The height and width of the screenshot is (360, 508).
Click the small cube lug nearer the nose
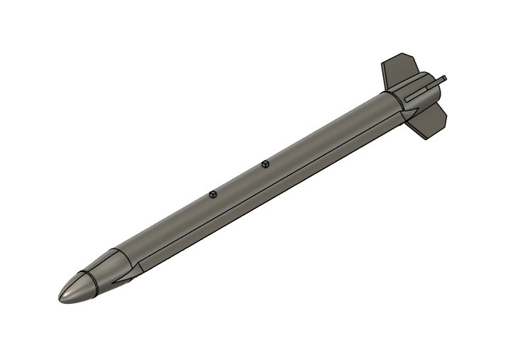click(212, 195)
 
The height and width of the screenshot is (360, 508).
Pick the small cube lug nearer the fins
click(265, 164)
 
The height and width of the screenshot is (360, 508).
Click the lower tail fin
click(429, 121)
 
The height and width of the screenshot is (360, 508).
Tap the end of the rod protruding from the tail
click(444, 77)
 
